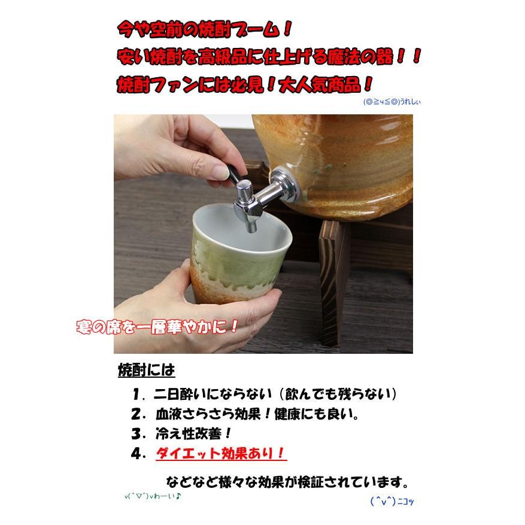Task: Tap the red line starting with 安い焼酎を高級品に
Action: [269, 57]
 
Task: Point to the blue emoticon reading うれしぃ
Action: [392, 102]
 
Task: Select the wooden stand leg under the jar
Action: [335, 269]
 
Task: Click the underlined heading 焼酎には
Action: [146, 371]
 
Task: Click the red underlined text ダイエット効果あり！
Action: [221, 453]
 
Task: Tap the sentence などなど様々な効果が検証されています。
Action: [288, 482]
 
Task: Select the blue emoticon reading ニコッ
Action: [392, 502]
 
